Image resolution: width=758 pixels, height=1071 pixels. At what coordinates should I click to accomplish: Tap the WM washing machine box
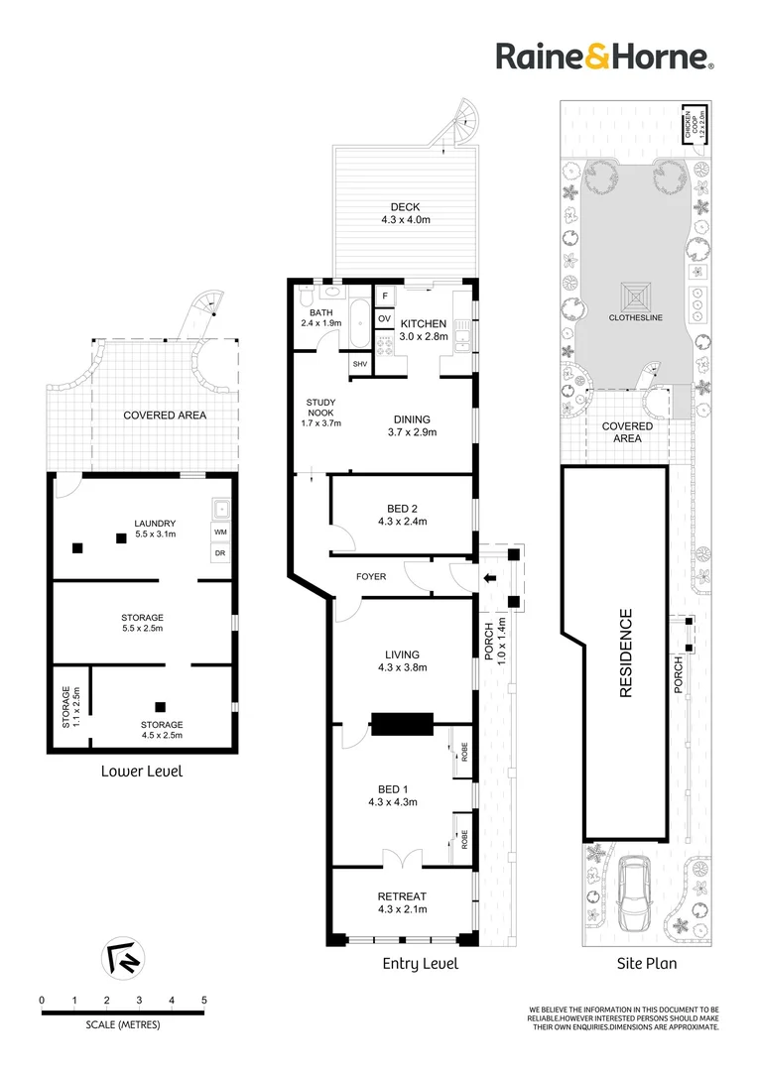pyautogui.click(x=219, y=533)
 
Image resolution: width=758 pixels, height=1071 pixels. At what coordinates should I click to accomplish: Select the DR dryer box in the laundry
pyautogui.click(x=219, y=553)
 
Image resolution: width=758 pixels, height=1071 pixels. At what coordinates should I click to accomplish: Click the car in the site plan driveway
pyautogui.click(x=633, y=895)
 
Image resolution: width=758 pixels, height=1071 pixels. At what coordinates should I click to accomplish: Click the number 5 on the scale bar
pyautogui.click(x=204, y=1000)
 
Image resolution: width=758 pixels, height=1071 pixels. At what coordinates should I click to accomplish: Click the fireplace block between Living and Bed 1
pyautogui.click(x=402, y=723)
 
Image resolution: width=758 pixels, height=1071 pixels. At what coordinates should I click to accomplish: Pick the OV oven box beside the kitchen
pyautogui.click(x=383, y=318)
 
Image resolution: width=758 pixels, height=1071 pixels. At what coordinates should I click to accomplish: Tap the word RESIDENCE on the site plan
pyautogui.click(x=626, y=654)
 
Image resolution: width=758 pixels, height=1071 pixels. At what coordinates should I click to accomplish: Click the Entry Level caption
pyautogui.click(x=421, y=964)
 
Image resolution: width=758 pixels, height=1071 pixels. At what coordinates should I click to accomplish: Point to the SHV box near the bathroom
pyautogui.click(x=360, y=363)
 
